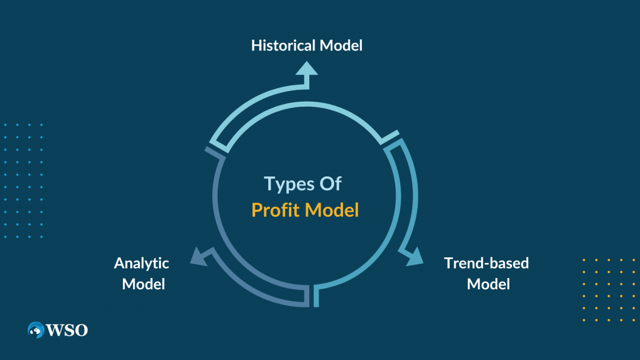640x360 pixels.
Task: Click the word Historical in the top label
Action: point(284,45)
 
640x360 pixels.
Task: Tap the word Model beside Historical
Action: point(341,45)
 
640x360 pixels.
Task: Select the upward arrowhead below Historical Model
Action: point(307,69)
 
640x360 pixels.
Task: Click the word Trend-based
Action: point(486,263)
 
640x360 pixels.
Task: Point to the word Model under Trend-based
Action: point(488,284)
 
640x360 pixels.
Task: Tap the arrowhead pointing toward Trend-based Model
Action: point(414,257)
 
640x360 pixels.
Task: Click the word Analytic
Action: point(141,263)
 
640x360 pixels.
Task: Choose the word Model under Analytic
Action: point(144,284)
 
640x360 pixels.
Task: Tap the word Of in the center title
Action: point(330,184)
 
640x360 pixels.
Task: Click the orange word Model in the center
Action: point(332,210)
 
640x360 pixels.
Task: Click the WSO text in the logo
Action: point(68,330)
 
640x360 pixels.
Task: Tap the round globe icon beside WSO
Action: point(36,330)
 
